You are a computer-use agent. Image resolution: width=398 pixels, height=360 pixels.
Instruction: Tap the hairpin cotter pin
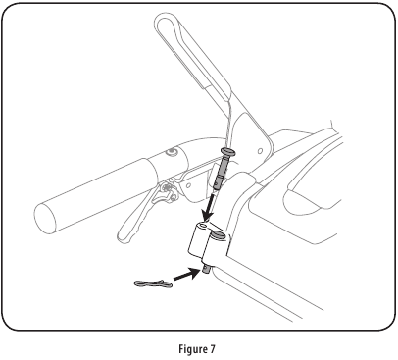[152, 284]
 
